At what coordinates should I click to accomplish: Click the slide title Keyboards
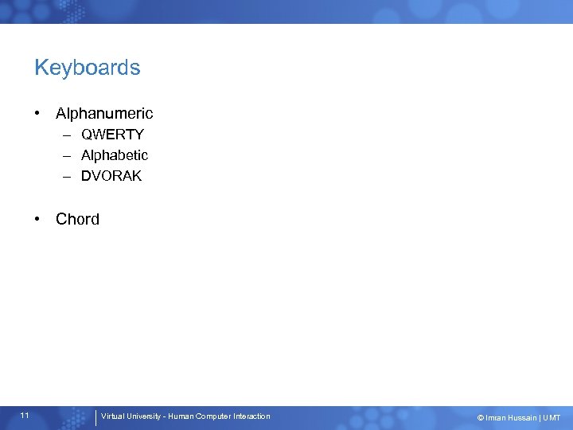tap(88, 68)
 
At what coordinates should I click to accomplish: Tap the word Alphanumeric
tap(104, 114)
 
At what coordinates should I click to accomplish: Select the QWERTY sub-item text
tap(112, 135)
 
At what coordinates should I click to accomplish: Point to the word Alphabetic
tap(115, 155)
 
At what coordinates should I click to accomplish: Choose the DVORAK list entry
tap(111, 176)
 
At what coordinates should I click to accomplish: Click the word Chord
tap(78, 219)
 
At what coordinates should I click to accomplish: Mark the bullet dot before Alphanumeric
tap(38, 114)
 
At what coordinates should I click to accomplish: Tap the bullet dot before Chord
tap(38, 219)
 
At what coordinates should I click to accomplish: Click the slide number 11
tap(26, 416)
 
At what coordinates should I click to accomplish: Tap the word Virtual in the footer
tap(112, 416)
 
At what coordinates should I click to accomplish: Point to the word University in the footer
tap(144, 416)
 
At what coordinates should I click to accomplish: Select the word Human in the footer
tap(180, 416)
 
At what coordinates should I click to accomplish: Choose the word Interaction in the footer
tap(251, 416)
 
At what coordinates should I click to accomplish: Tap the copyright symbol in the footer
tap(480, 417)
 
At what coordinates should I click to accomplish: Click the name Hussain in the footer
tap(521, 417)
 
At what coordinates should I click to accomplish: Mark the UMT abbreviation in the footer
tap(552, 417)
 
